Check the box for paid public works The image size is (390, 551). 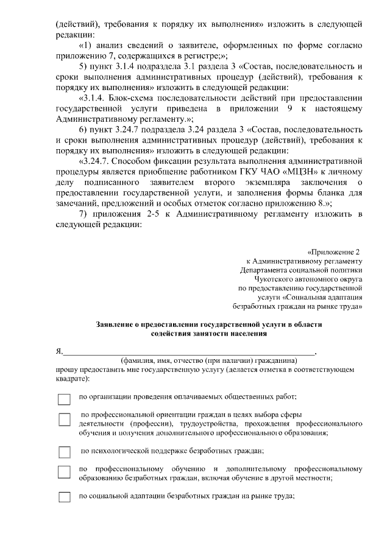click(x=64, y=398)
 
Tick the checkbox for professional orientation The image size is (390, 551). click(x=64, y=419)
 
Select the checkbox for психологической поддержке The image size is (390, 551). click(x=64, y=452)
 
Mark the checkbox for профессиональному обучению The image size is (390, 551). click(x=64, y=472)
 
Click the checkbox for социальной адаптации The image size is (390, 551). click(x=64, y=497)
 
